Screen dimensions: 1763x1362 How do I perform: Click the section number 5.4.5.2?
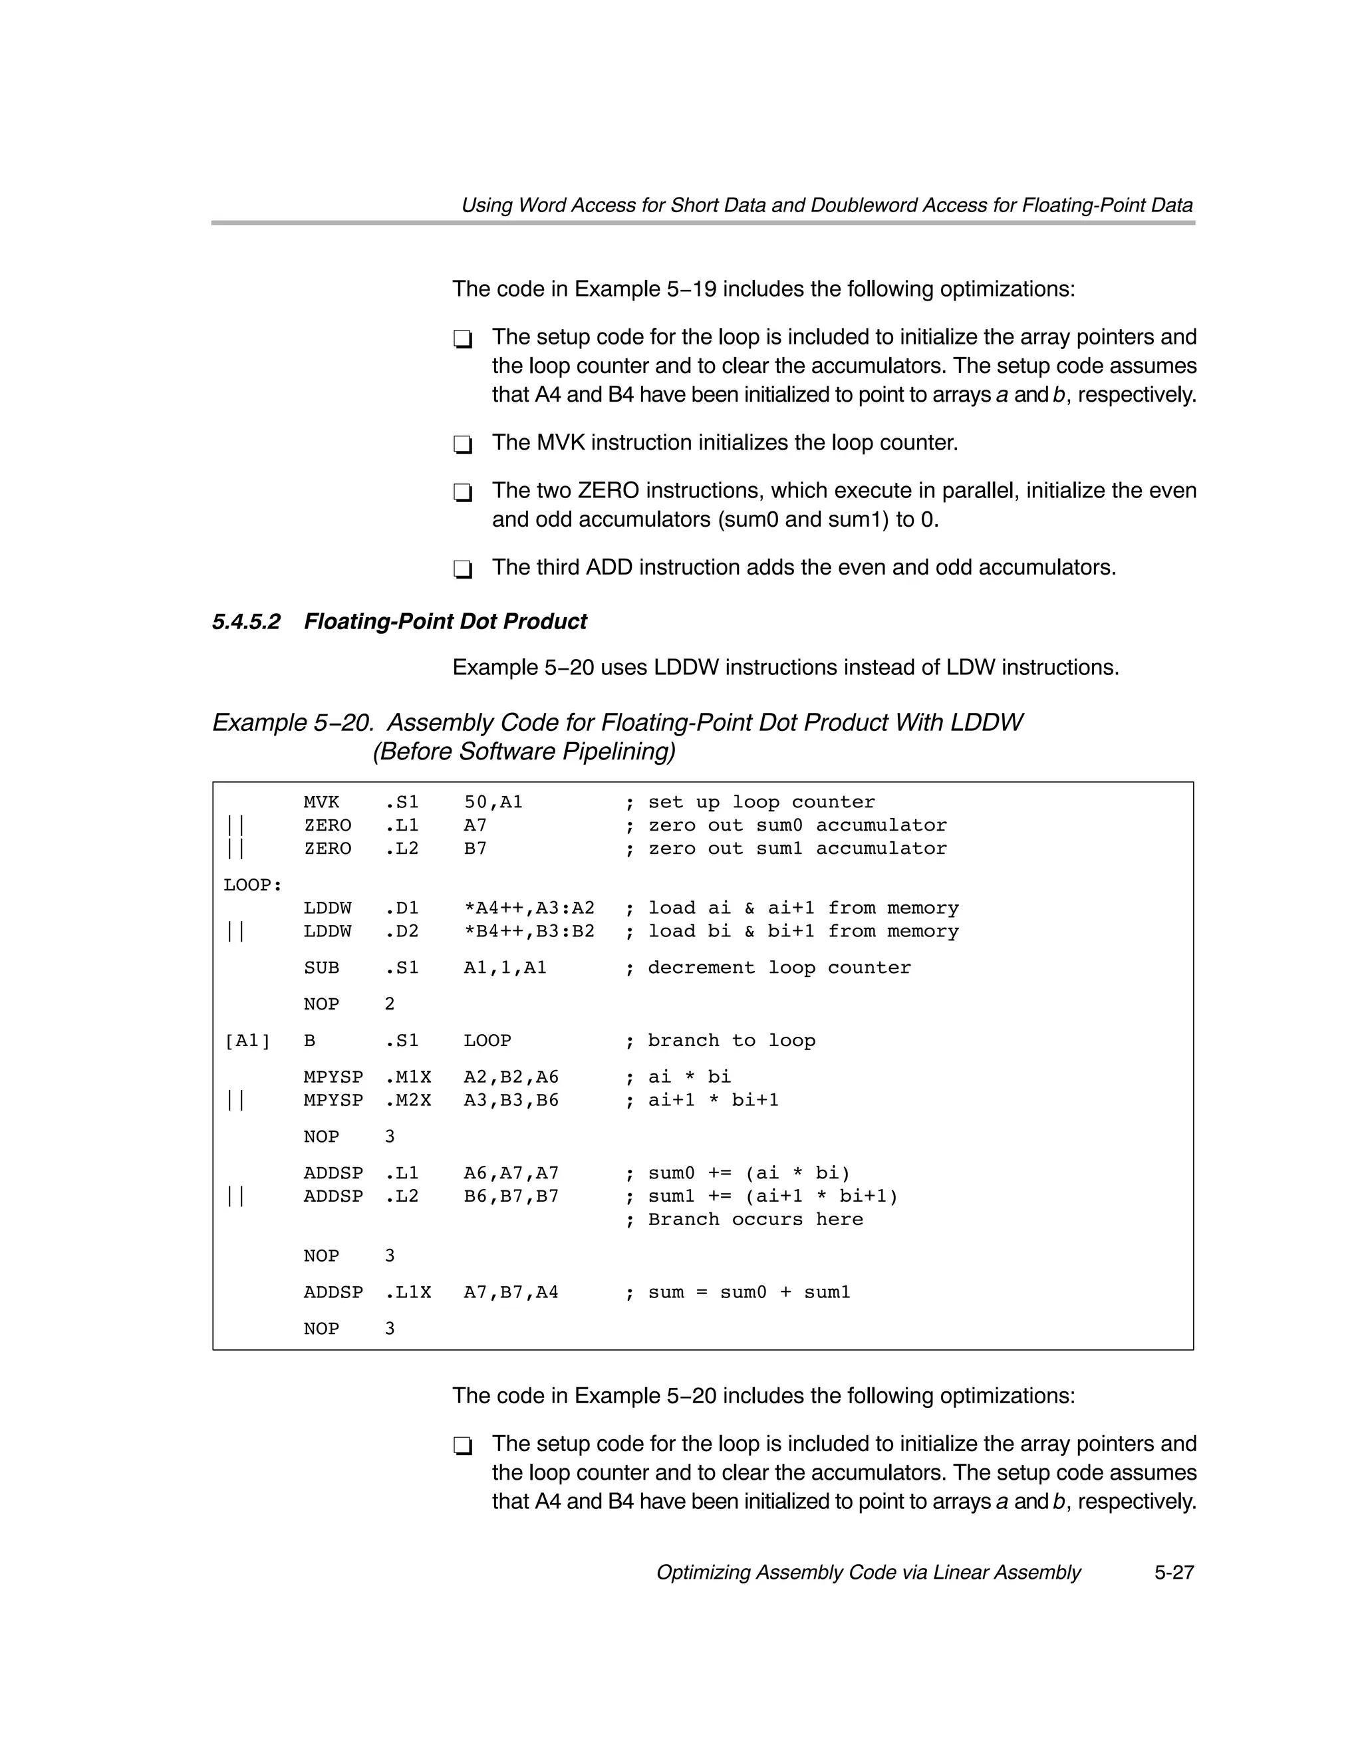[x=246, y=622]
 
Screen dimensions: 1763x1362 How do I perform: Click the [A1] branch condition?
[x=246, y=1041]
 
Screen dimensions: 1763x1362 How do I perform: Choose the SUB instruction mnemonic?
[x=321, y=967]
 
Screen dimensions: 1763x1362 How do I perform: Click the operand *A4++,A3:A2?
[x=529, y=908]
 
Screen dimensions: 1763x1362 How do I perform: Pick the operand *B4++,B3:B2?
[x=529, y=931]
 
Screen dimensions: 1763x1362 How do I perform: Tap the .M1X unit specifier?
[x=408, y=1077]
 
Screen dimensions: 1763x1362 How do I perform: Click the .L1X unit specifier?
[x=408, y=1291]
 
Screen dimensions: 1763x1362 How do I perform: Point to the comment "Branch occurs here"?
[x=755, y=1219]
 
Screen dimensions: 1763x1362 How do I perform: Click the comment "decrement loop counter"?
[x=779, y=967]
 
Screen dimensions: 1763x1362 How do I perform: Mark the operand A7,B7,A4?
[x=510, y=1291]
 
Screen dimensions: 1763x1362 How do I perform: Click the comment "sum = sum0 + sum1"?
[x=748, y=1291]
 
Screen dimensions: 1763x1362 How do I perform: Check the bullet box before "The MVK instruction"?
[x=463, y=444]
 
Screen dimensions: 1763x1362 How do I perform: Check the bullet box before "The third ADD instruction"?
[x=463, y=569]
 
